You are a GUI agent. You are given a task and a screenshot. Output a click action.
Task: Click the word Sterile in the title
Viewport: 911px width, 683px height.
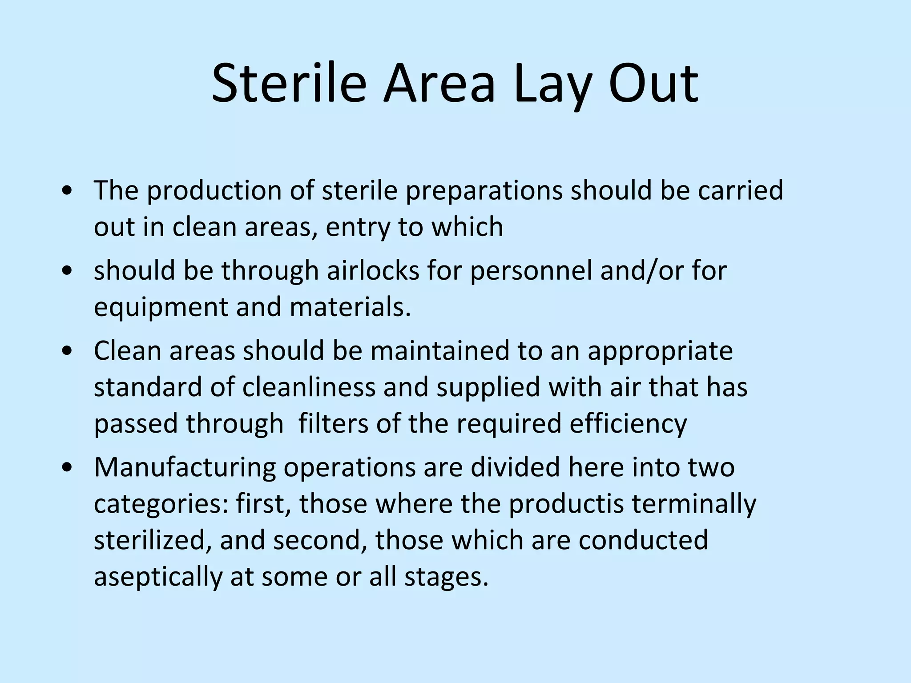coord(289,84)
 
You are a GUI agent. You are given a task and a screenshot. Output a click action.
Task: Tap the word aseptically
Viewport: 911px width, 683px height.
coord(158,577)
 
